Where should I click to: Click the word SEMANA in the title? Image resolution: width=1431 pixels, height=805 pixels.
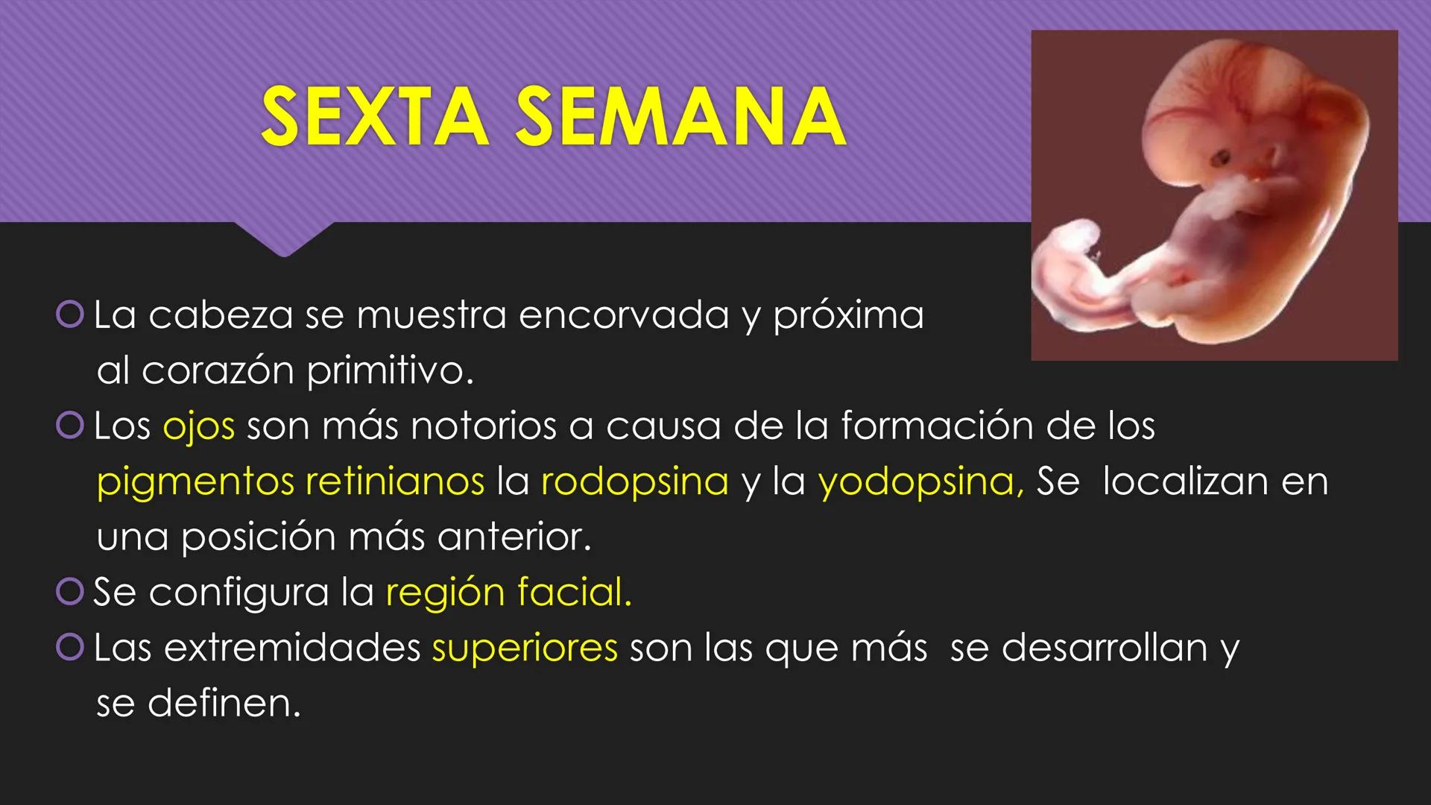click(680, 117)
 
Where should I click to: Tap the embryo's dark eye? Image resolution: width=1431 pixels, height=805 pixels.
click(1221, 158)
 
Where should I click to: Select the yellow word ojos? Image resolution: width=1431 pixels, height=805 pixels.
click(199, 426)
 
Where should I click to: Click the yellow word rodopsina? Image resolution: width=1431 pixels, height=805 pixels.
click(634, 482)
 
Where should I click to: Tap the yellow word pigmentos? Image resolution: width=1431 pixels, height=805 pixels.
click(195, 482)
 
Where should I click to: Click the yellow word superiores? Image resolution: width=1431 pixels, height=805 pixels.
click(525, 648)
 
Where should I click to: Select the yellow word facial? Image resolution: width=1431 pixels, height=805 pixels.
click(574, 593)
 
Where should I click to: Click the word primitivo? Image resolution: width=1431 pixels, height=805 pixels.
click(389, 371)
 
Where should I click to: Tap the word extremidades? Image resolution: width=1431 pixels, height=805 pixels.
click(292, 648)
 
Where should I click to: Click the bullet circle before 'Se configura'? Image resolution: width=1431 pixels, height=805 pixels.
click(69, 593)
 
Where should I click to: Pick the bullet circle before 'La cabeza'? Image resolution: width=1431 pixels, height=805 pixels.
click(69, 315)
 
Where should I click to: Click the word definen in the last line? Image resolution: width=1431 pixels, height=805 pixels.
click(224, 703)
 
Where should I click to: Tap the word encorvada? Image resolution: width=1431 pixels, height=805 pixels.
click(623, 315)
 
